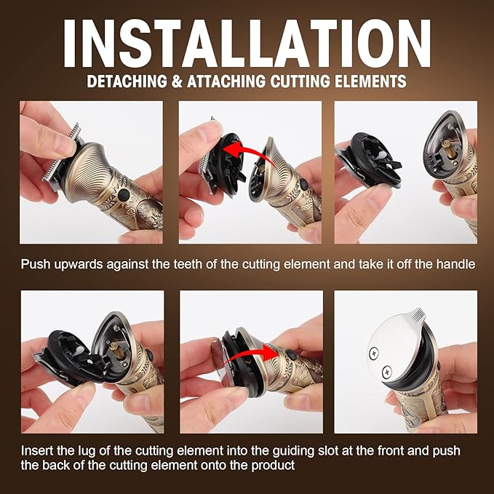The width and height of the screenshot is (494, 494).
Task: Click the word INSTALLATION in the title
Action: coord(247,44)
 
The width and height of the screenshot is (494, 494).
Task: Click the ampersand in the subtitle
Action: coord(177,81)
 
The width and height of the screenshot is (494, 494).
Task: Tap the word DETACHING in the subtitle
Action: coord(127,81)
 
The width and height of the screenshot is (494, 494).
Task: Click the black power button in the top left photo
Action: coord(122,195)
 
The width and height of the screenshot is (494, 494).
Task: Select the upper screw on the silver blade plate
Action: coord(374,353)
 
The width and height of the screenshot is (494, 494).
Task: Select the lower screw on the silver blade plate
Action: coord(387,372)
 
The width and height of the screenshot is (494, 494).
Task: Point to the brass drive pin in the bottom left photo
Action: coord(113,350)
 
